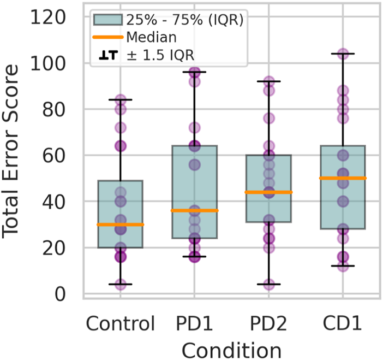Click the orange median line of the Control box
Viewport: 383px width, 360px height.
(x=120, y=225)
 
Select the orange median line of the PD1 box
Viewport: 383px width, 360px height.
(x=194, y=210)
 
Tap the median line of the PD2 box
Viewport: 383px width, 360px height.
(x=268, y=192)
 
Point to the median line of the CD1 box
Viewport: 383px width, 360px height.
(x=343, y=178)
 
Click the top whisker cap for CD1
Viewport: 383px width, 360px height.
(x=343, y=54)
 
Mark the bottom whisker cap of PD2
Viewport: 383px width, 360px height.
(x=268, y=284)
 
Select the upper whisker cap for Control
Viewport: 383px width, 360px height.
(x=120, y=99)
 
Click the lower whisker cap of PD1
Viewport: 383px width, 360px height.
(x=194, y=257)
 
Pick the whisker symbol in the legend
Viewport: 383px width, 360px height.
(x=108, y=56)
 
